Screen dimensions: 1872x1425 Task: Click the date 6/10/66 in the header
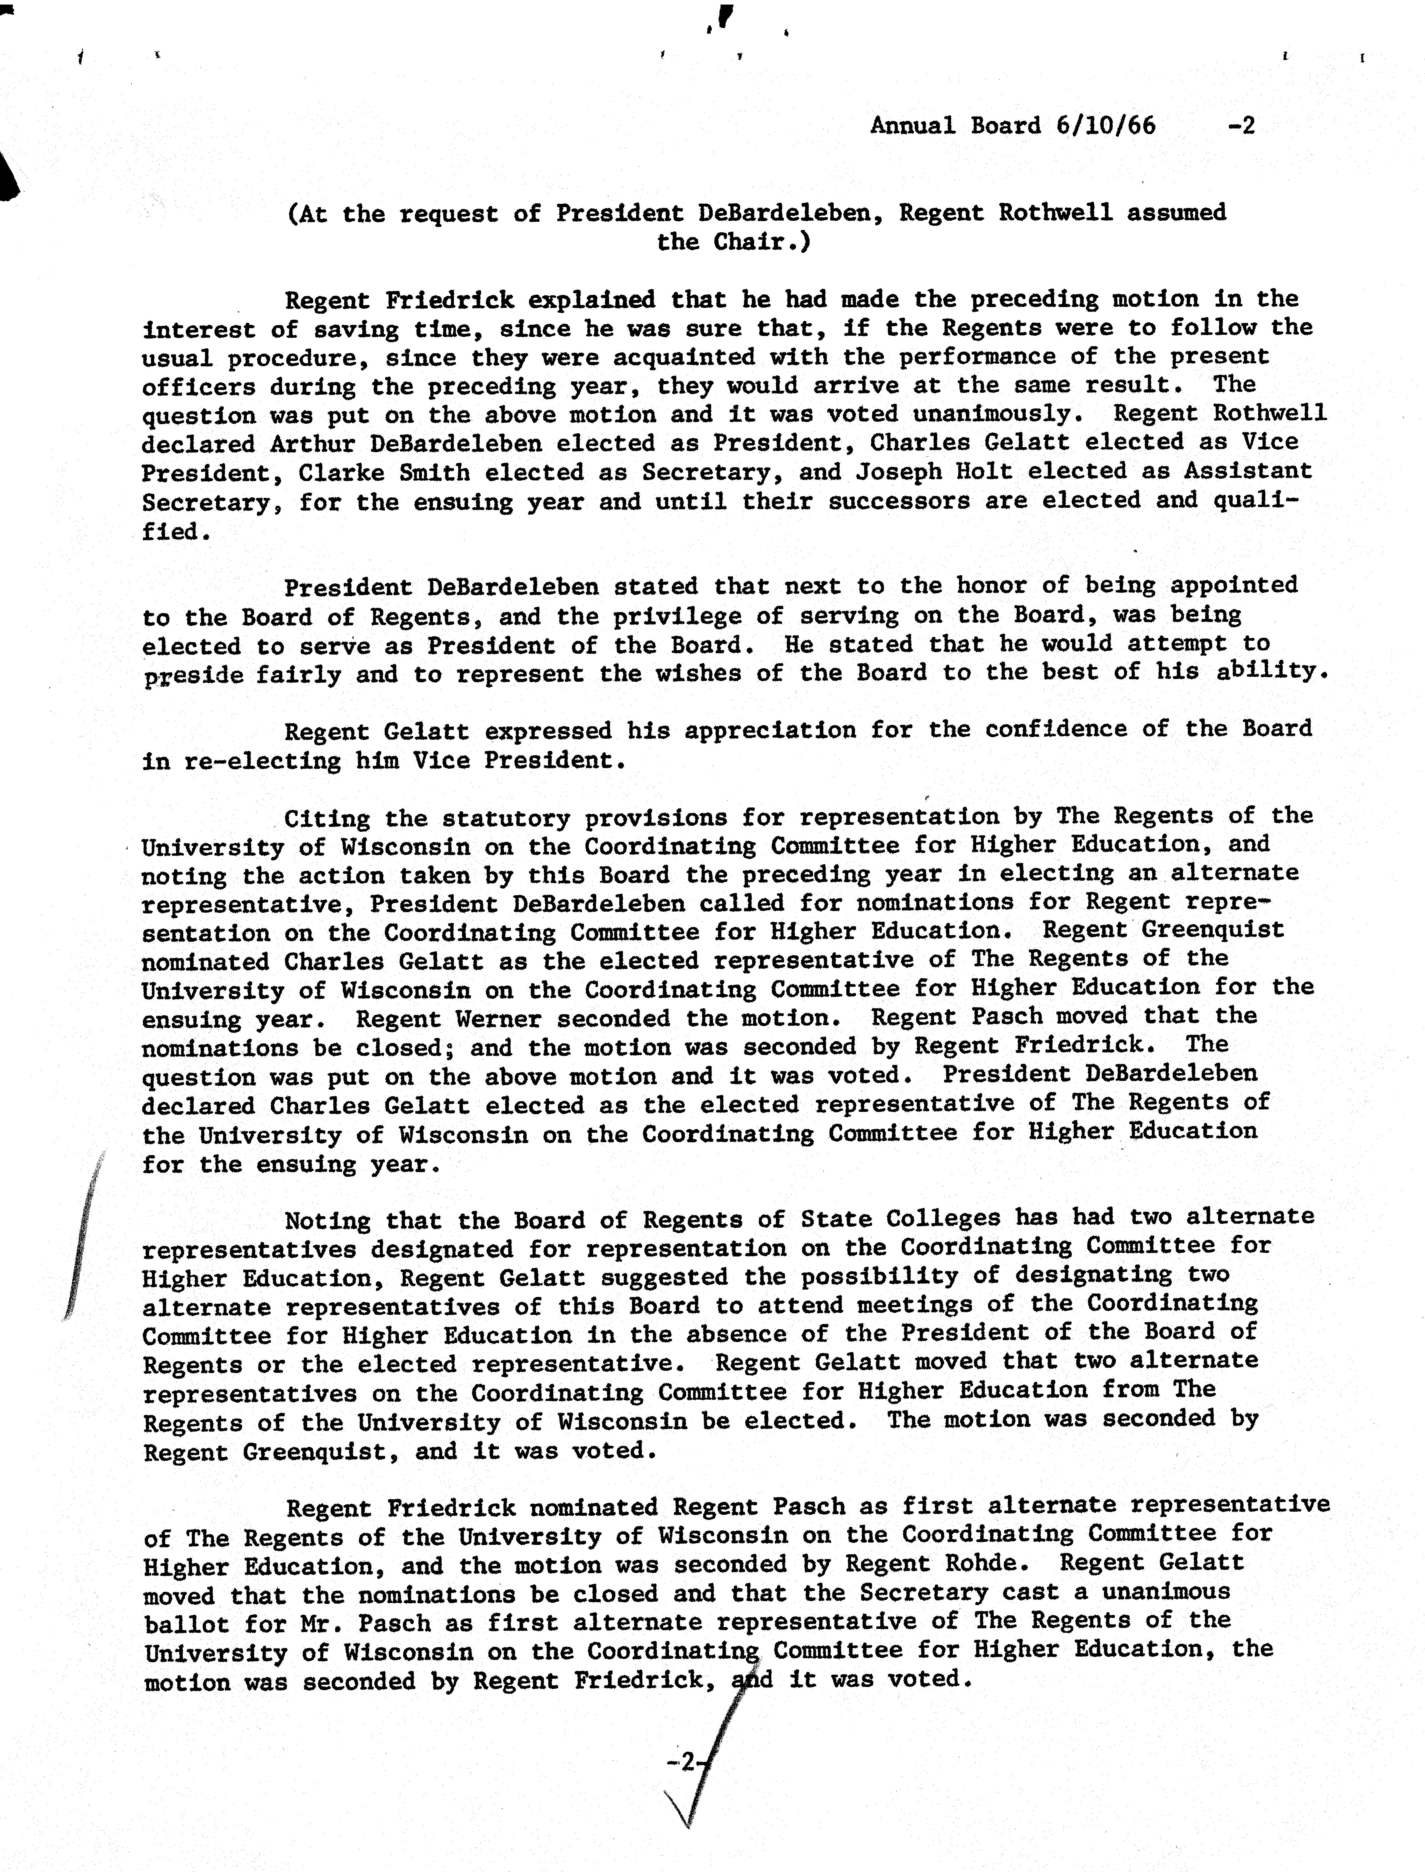[x=1105, y=125]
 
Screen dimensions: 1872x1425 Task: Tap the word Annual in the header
[x=913, y=125]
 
